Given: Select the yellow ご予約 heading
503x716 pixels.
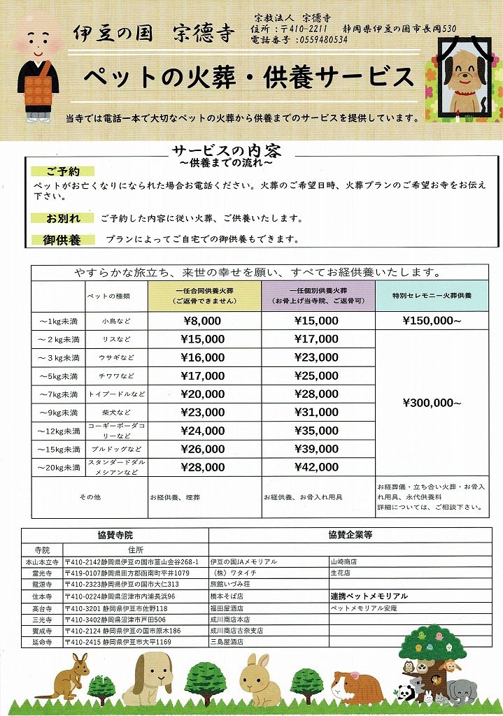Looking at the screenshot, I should point(63,171).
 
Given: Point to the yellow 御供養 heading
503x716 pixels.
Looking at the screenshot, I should point(63,240).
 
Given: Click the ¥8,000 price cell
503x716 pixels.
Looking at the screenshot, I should point(203,321).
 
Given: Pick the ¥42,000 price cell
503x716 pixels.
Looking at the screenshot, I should point(318,466).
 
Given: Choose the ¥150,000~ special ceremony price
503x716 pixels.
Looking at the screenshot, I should point(432,321).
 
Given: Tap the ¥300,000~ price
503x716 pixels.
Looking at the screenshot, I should point(432,403).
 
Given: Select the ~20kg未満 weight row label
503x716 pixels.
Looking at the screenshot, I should point(58,466).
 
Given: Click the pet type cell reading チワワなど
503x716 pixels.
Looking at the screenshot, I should point(114,375).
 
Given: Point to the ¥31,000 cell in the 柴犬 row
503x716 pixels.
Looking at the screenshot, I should point(318,413).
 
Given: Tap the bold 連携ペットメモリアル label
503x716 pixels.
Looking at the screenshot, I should point(369,596).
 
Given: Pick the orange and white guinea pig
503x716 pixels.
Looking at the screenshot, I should point(357,685).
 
